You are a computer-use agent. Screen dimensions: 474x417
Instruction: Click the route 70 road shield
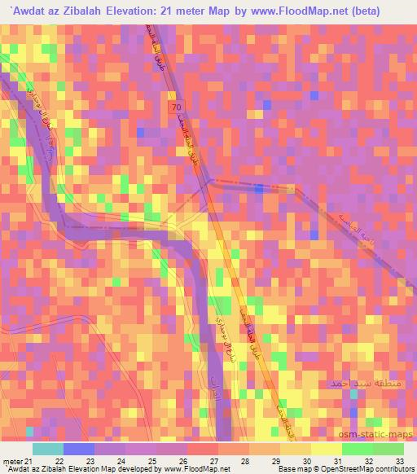click(176, 107)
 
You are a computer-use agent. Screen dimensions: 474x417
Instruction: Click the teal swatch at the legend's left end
click(48, 450)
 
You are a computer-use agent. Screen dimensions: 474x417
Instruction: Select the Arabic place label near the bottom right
click(353, 382)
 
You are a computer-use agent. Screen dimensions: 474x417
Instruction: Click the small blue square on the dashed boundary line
click(257, 187)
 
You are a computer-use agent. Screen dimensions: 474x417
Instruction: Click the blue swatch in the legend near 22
click(79, 450)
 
